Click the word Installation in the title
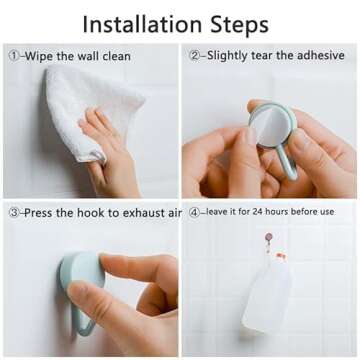[142, 24]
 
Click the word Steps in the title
[240, 25]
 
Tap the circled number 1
[13, 56]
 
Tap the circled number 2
[194, 55]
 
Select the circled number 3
[14, 213]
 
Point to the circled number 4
[193, 213]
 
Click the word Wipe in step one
[39, 56]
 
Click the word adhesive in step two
[320, 55]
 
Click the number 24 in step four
[258, 211]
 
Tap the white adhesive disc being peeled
[271, 123]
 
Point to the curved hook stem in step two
[287, 162]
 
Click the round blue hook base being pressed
[82, 271]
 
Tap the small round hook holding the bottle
[269, 238]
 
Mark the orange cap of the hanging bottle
[282, 257]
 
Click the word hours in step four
[276, 211]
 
